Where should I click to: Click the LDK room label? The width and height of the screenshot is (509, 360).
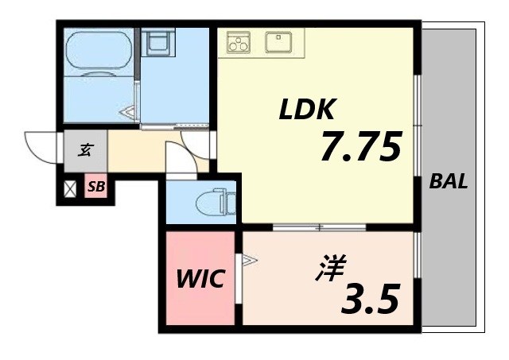click(309, 110)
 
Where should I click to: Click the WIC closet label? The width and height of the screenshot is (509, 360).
click(200, 279)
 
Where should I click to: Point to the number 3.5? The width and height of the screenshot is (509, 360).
click(370, 298)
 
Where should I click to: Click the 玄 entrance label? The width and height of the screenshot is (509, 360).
click(85, 148)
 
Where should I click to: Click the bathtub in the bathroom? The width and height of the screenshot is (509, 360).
click(99, 53)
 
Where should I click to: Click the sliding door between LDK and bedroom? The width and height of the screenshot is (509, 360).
click(318, 227)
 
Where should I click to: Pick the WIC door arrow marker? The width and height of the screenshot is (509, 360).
click(248, 259)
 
